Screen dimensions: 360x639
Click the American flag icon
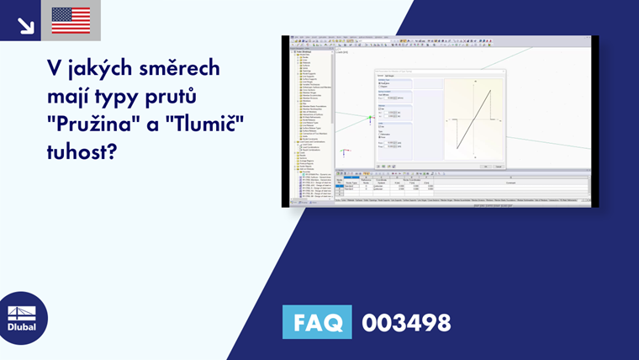click(71, 20)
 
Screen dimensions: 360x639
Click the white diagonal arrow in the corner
click(25, 25)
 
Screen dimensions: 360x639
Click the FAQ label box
click(317, 322)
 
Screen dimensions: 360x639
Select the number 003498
click(406, 322)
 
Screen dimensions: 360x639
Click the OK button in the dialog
click(485, 166)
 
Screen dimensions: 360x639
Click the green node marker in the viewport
click(370, 118)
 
